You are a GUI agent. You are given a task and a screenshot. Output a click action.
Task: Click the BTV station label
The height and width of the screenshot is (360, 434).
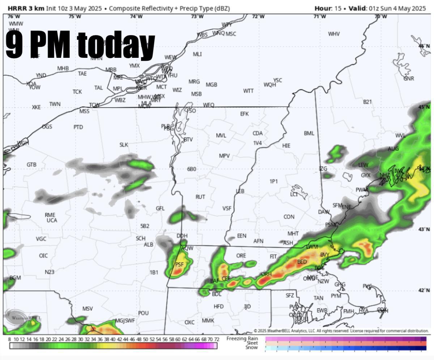(188, 140)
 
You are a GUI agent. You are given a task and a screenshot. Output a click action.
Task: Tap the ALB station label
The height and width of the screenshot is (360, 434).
(149, 245)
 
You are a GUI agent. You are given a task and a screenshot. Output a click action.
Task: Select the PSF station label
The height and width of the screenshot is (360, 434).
(179, 265)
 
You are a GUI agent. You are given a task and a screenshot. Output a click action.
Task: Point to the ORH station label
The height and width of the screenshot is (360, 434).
(266, 274)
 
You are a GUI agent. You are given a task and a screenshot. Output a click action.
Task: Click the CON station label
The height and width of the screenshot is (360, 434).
(289, 217)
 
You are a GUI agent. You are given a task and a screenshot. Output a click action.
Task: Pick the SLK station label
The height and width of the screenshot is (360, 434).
(124, 145)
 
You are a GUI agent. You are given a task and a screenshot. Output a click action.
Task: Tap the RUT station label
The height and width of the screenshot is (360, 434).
(200, 197)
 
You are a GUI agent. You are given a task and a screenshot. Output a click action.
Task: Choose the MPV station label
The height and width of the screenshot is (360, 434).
(224, 156)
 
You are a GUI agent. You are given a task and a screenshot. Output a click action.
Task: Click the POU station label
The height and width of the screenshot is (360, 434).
(143, 313)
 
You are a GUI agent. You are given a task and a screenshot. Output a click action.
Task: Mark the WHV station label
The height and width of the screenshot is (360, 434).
(334, 34)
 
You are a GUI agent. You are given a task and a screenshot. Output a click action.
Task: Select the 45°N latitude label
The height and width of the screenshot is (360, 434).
(424, 107)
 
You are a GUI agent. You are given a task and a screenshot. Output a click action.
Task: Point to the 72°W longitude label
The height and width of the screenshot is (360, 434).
(258, 16)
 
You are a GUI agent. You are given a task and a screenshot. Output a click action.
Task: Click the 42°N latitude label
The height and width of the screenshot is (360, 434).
(424, 290)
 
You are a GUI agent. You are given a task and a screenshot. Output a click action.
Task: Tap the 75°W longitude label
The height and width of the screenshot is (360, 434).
(75, 16)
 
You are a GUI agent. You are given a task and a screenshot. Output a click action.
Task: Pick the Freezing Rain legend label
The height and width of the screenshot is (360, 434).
(242, 338)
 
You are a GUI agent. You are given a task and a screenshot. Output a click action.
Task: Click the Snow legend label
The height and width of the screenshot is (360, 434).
(252, 348)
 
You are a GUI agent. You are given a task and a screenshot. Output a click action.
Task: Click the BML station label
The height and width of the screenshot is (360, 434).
(309, 133)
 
